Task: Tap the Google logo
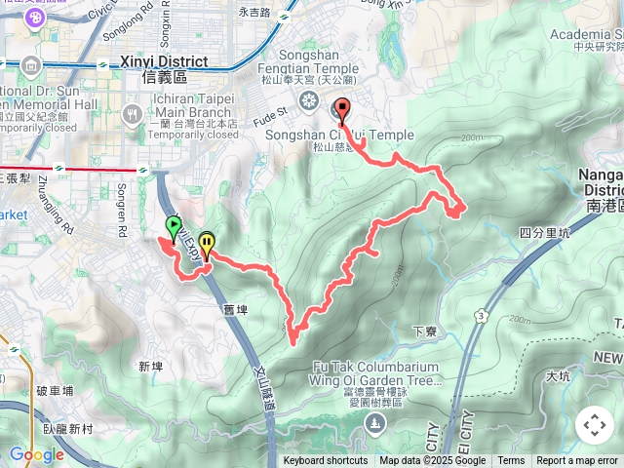tap(36, 454)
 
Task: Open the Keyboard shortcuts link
tap(325, 461)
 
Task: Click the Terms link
tap(511, 461)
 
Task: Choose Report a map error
tap(577, 461)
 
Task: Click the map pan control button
tap(594, 425)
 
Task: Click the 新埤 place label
tap(150, 366)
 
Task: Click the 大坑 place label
tap(558, 375)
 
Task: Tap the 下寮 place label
tap(426, 331)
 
